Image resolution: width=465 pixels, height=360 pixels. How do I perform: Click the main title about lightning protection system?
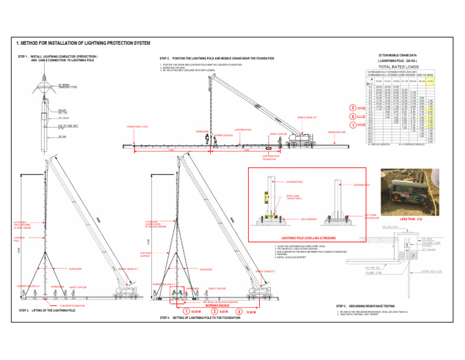82,44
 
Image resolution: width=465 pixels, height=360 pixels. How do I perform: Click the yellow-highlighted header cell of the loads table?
430,81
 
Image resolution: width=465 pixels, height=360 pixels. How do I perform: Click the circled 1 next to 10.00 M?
186,312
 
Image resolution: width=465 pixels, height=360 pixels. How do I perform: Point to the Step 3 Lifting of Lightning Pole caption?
47,310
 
